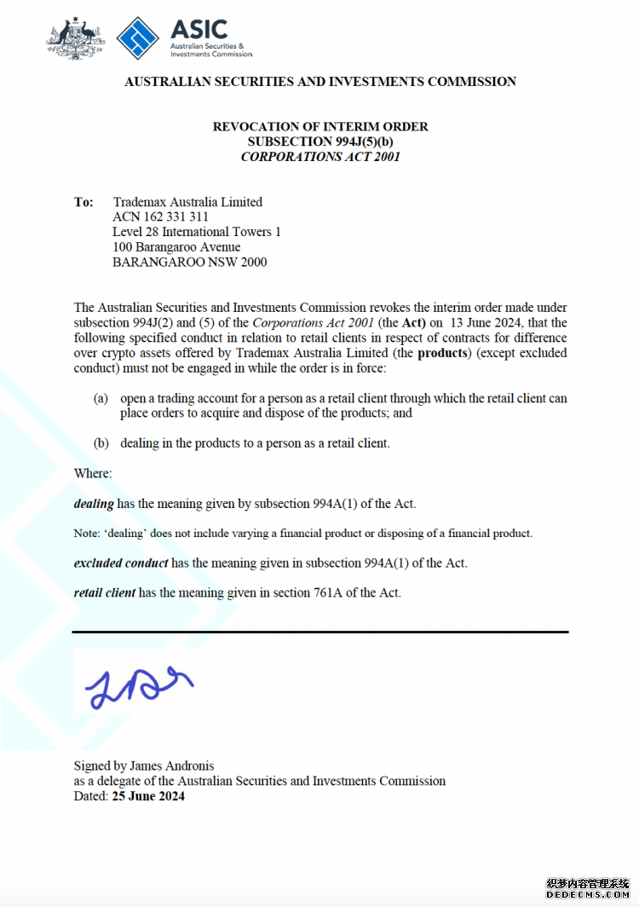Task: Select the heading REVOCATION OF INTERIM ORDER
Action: pos(320,126)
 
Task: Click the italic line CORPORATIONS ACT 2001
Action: pos(320,157)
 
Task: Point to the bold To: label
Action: pos(83,202)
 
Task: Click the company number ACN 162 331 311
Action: pos(160,217)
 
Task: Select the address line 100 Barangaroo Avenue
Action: pos(176,247)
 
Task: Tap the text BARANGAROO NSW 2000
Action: pos(189,262)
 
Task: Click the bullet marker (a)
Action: pos(101,398)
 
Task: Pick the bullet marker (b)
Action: pos(101,443)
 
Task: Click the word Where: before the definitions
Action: pos(93,473)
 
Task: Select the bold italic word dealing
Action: pos(94,504)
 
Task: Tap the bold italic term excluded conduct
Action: pos(121,563)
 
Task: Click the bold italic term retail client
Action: pos(105,592)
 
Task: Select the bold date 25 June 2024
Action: pos(148,796)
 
